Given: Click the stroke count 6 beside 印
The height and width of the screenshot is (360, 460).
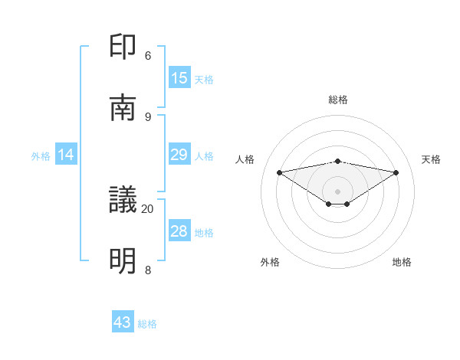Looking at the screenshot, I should [x=148, y=55].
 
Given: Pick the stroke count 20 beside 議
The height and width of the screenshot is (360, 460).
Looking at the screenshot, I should [x=147, y=208].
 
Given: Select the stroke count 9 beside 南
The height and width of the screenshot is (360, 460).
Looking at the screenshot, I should [x=148, y=116].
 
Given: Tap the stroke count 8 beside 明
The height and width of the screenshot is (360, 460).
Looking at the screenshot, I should [x=148, y=270].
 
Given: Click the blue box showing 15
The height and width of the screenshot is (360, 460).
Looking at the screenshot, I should [x=179, y=78].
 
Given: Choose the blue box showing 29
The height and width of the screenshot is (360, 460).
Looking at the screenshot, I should [x=179, y=155].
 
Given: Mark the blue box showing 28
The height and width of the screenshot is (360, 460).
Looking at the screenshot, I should [x=179, y=231].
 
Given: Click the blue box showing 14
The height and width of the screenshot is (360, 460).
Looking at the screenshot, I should [x=66, y=155].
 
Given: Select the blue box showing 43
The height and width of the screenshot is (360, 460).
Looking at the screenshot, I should [x=123, y=322].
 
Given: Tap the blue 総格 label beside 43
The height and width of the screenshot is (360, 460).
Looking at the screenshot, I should [x=147, y=324].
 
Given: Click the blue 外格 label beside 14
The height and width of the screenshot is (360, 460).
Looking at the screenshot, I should [x=41, y=156].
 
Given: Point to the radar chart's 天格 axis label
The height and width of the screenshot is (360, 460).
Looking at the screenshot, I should [x=431, y=159].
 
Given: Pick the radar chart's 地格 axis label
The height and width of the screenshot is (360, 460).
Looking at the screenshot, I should [x=402, y=262].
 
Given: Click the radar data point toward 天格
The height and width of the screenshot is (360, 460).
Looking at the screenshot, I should [x=396, y=172].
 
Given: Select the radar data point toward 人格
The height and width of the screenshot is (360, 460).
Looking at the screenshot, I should [x=279, y=172].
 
